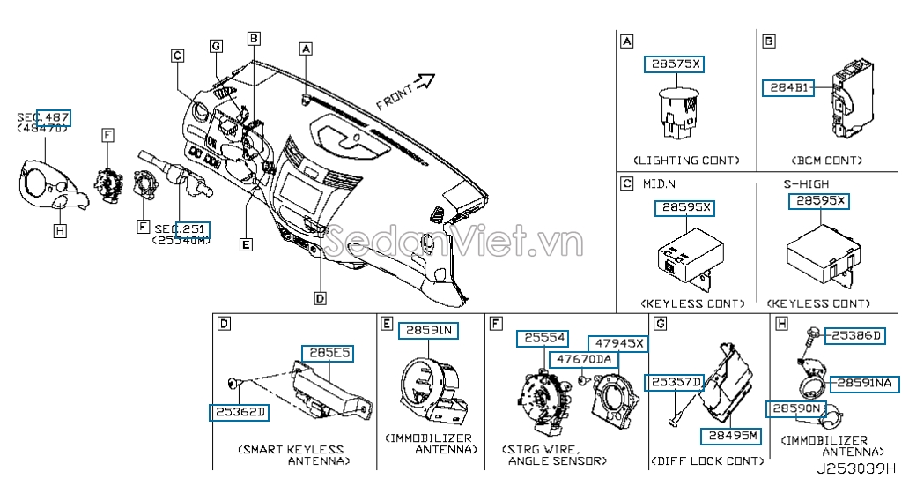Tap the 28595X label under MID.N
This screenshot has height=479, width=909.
click(x=684, y=208)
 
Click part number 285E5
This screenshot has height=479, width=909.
click(x=329, y=353)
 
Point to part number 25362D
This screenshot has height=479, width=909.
click(x=238, y=412)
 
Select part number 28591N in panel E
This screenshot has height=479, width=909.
click(x=429, y=330)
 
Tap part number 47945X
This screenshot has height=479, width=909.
click(x=617, y=342)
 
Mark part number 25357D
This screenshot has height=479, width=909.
click(x=676, y=382)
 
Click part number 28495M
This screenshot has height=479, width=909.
click(x=728, y=436)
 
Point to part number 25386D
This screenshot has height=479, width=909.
click(x=855, y=336)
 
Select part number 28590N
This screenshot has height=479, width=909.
click(x=794, y=409)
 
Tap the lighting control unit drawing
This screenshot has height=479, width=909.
click(x=677, y=113)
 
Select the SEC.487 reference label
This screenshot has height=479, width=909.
click(x=44, y=117)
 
